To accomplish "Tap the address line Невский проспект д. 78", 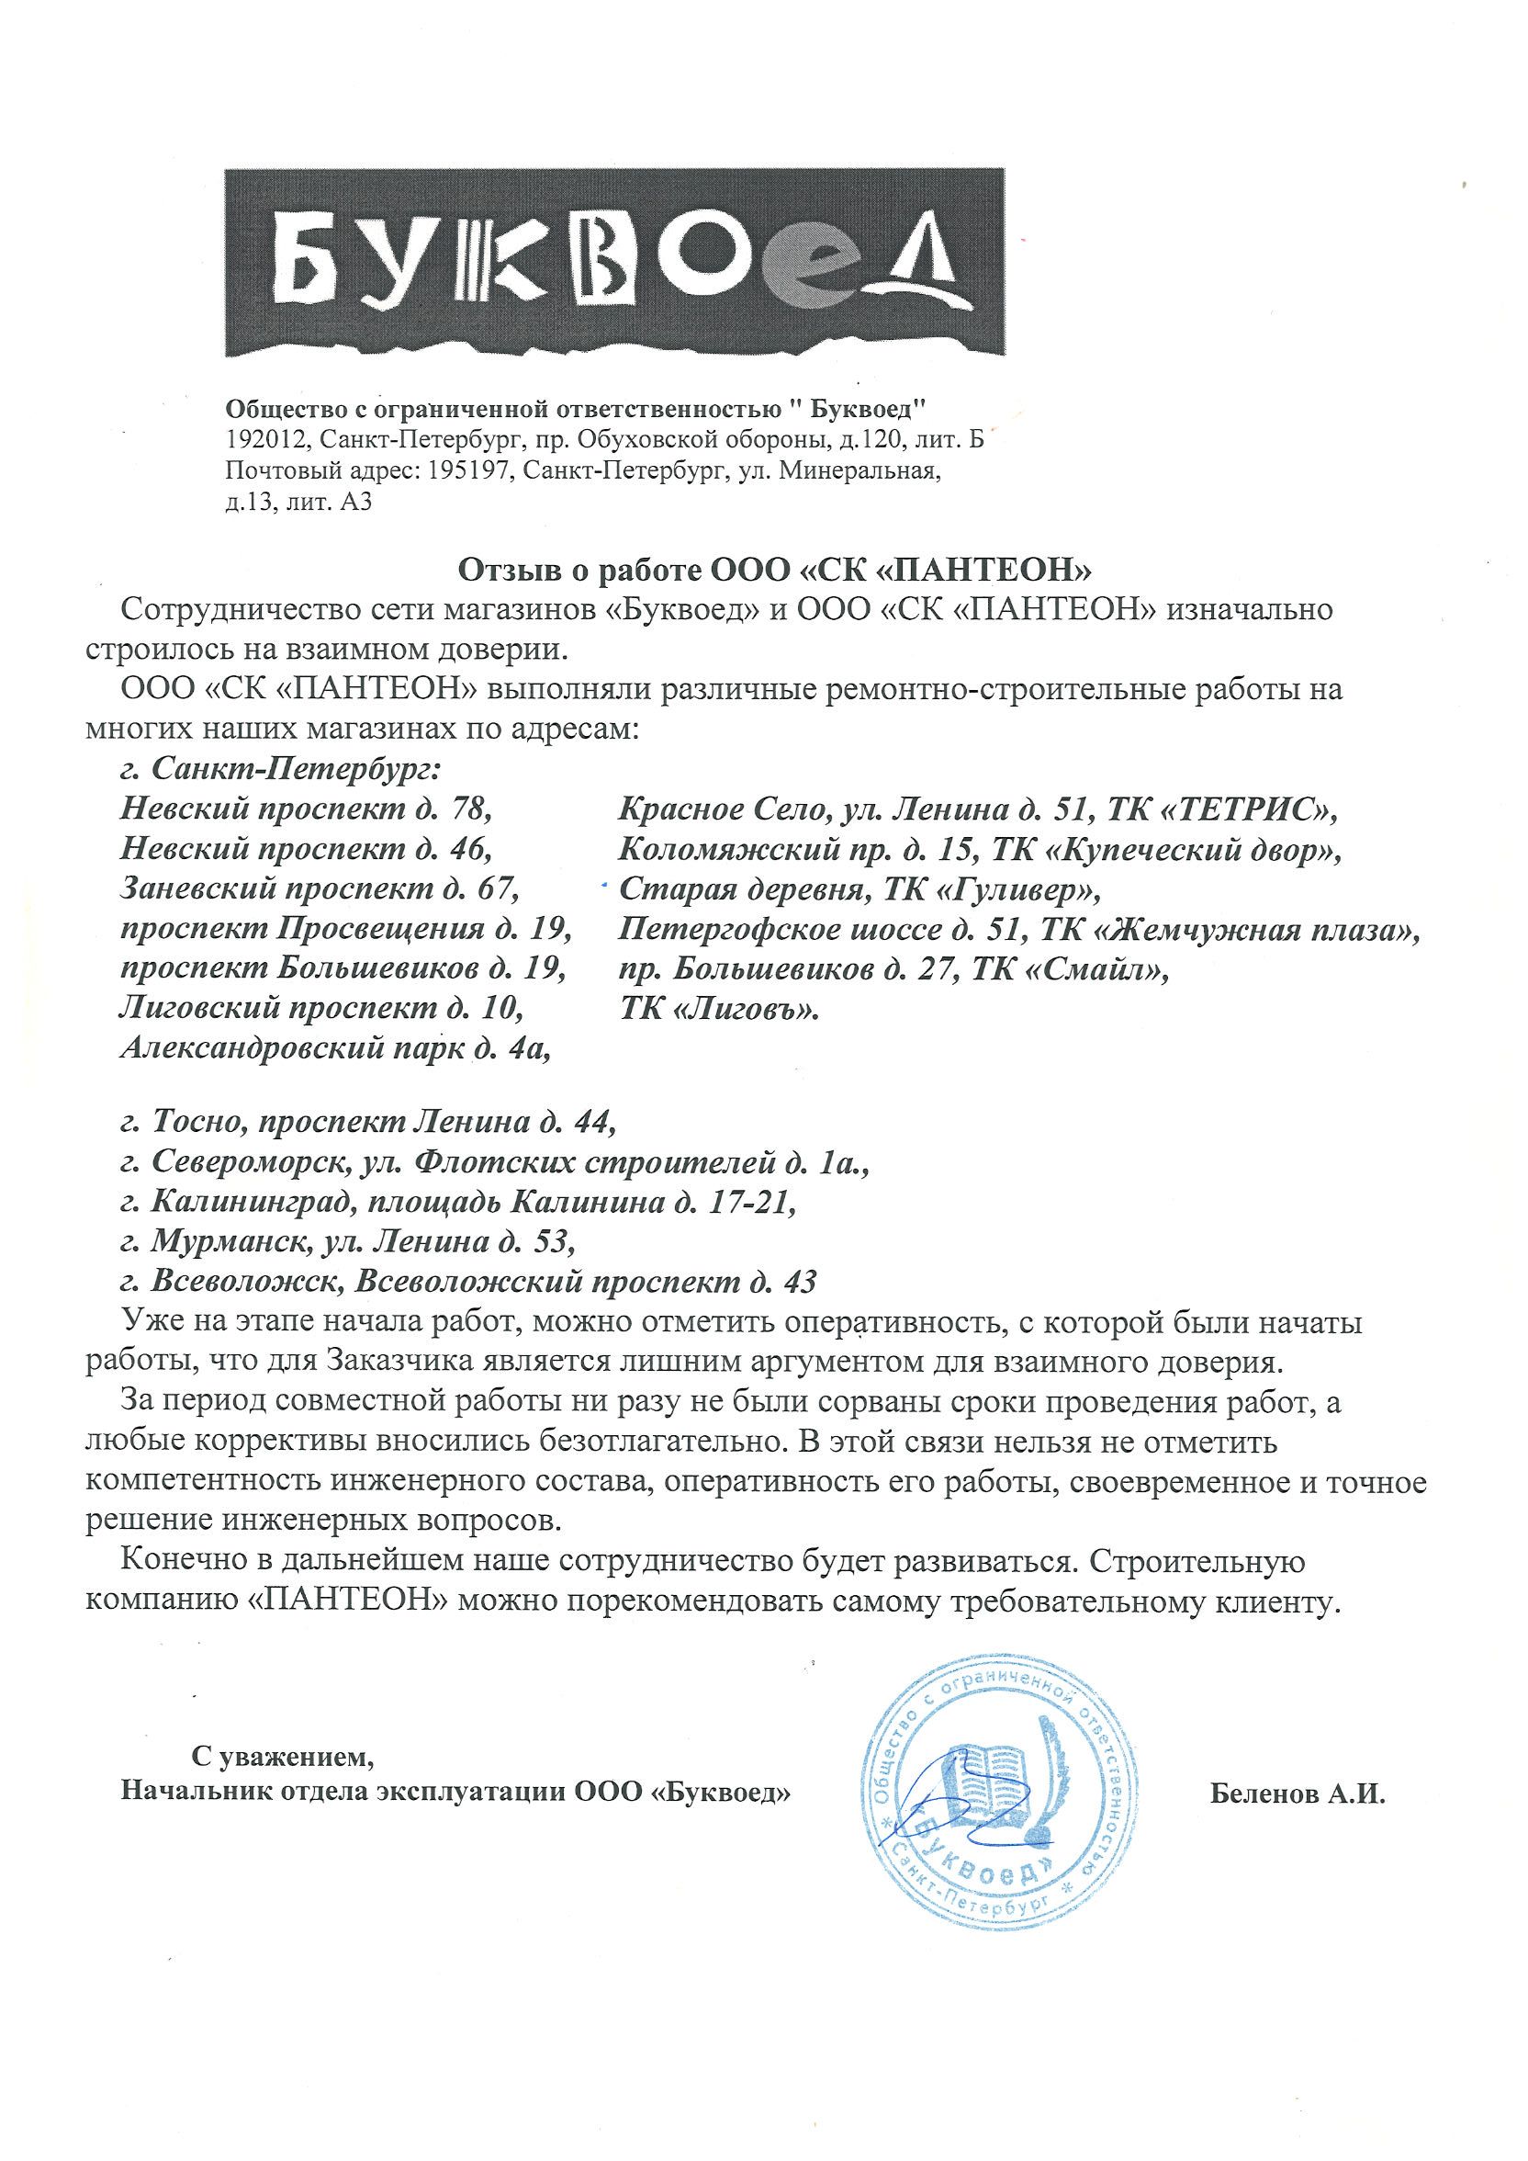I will [x=307, y=809].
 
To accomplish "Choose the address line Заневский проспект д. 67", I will [x=320, y=888].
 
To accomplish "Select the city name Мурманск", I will [x=230, y=1242].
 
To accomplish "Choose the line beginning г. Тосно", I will [x=368, y=1122].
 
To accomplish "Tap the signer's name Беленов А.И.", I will [x=1299, y=1793].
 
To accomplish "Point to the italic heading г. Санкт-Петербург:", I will [x=280, y=769].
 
